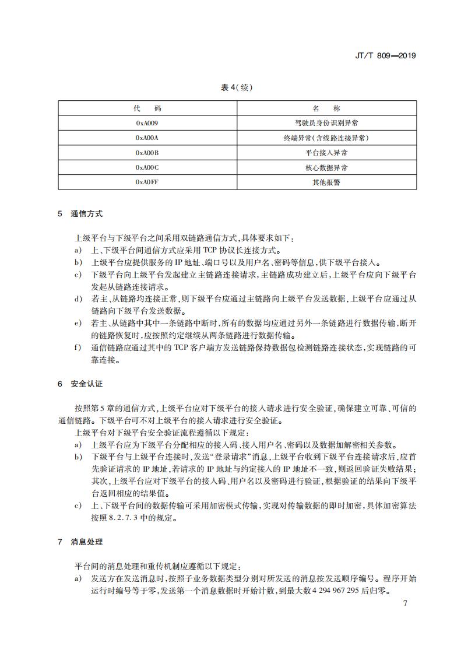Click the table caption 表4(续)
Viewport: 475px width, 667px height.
coord(237,88)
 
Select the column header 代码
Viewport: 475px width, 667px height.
coord(147,108)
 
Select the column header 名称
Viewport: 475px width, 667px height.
coord(326,108)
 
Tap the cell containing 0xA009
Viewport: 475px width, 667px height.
coord(147,123)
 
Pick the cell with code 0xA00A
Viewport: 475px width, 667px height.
coord(147,138)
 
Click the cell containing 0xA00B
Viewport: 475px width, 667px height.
coord(147,153)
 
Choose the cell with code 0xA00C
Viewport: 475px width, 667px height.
coord(147,168)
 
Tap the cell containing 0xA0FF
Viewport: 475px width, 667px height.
coord(147,182)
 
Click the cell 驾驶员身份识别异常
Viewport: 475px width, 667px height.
coord(326,123)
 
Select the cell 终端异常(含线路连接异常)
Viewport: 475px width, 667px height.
coord(326,138)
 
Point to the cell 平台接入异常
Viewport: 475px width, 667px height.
coord(326,153)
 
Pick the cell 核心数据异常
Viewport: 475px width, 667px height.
coord(326,168)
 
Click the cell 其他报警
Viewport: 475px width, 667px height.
coord(326,182)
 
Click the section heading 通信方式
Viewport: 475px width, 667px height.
coord(86,214)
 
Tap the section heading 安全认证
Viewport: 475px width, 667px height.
coord(86,384)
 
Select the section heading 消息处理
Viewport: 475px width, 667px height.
coord(86,542)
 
